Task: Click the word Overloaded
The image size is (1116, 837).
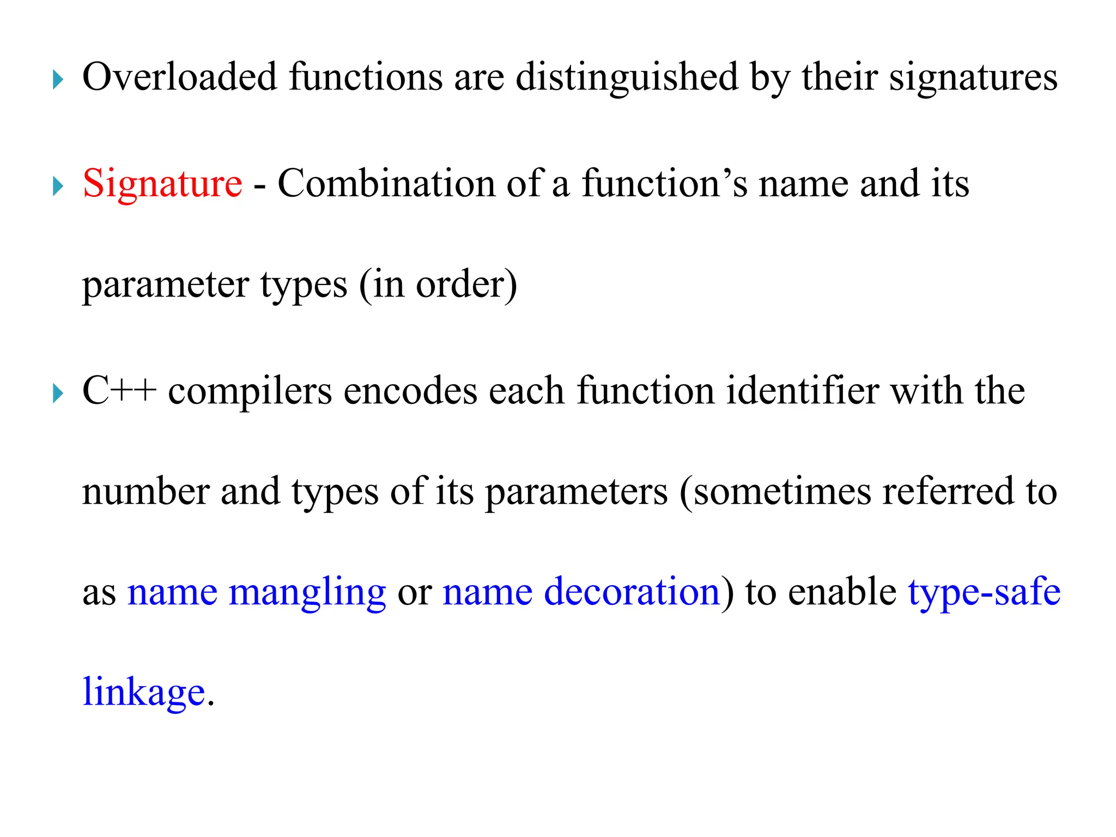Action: click(179, 77)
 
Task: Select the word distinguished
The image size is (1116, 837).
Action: click(627, 77)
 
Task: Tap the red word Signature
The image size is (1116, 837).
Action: click(162, 184)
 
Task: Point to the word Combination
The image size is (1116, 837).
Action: click(386, 184)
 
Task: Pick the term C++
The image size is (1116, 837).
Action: click(119, 391)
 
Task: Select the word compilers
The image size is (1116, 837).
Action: click(250, 391)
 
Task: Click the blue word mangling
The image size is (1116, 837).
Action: click(307, 592)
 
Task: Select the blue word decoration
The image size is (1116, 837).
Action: click(632, 592)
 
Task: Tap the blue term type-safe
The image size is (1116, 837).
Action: click(984, 592)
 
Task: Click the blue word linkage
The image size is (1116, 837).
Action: click(144, 693)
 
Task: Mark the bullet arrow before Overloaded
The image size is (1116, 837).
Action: click(58, 80)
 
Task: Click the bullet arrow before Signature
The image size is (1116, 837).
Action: click(58, 186)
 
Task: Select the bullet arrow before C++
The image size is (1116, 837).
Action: click(58, 393)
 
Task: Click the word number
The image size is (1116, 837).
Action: click(145, 492)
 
